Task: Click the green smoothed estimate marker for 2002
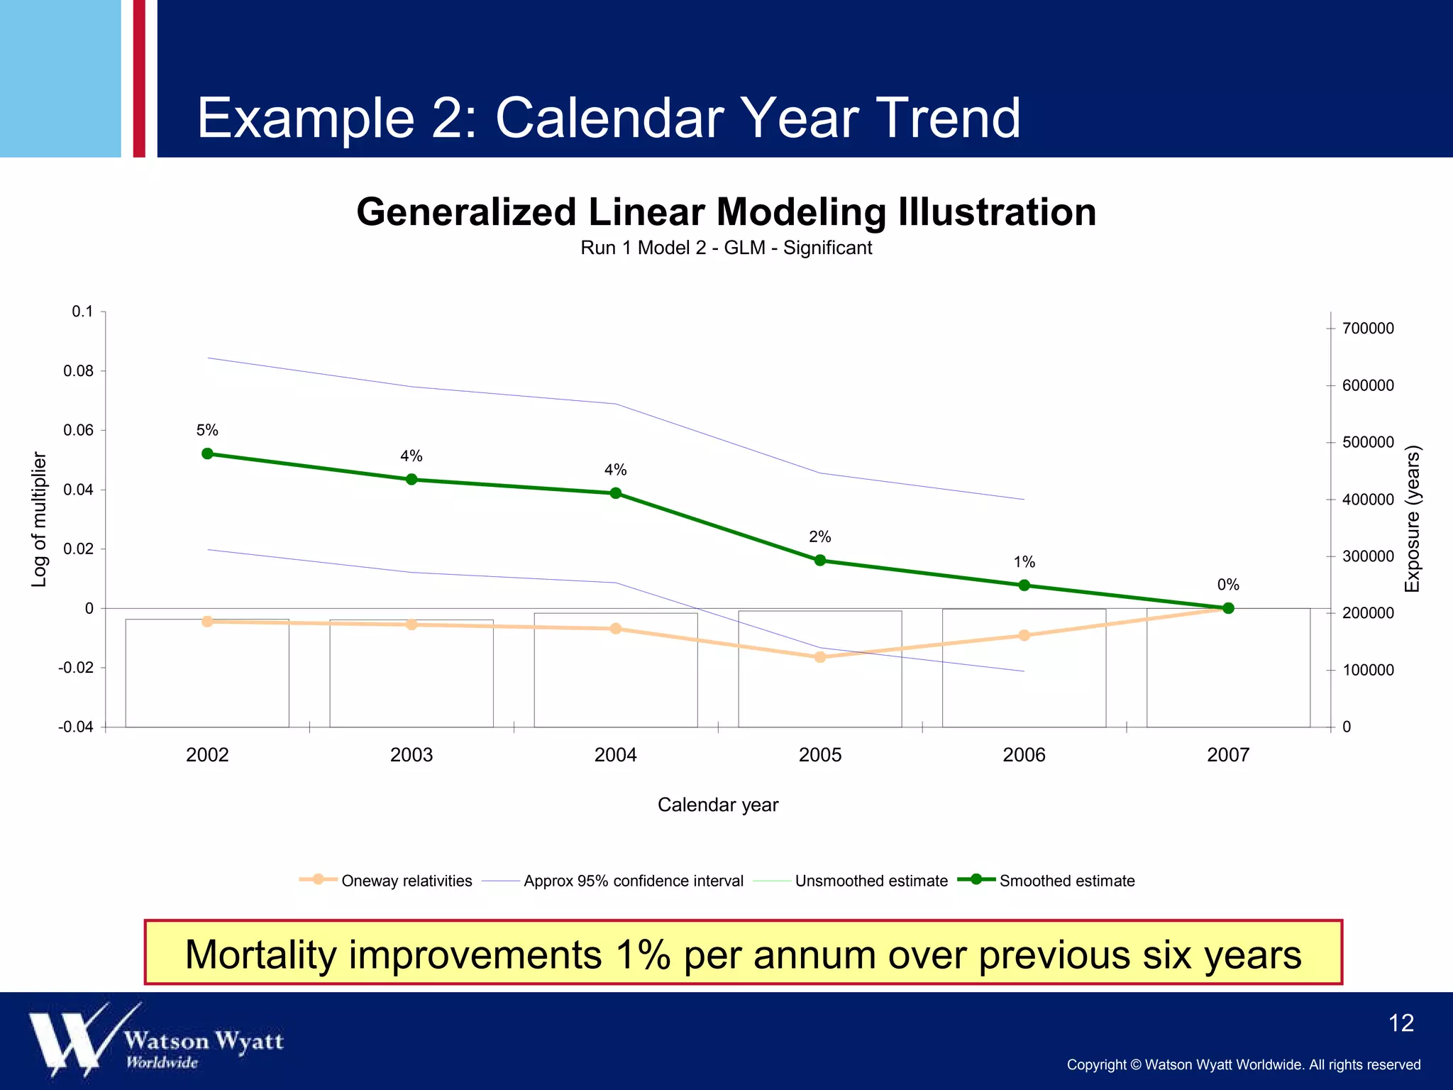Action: [x=207, y=453]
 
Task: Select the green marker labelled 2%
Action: [x=820, y=560]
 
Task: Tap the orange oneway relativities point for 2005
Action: [x=820, y=657]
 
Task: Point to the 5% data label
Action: [x=207, y=430]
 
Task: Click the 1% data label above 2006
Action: [x=1024, y=562]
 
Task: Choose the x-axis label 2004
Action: [x=615, y=754]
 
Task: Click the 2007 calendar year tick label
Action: [x=1228, y=754]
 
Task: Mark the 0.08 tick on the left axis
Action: [x=78, y=371]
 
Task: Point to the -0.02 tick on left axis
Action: [x=76, y=668]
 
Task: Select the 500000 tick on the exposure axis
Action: [x=1368, y=442]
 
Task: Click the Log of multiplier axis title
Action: [x=39, y=519]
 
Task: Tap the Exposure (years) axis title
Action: [x=1413, y=519]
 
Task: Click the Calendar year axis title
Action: [x=718, y=805]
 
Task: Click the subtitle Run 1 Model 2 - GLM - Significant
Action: [x=726, y=248]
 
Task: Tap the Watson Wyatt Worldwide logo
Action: [x=156, y=1040]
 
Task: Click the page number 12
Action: [x=1400, y=1023]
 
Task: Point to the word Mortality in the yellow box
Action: [x=260, y=954]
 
